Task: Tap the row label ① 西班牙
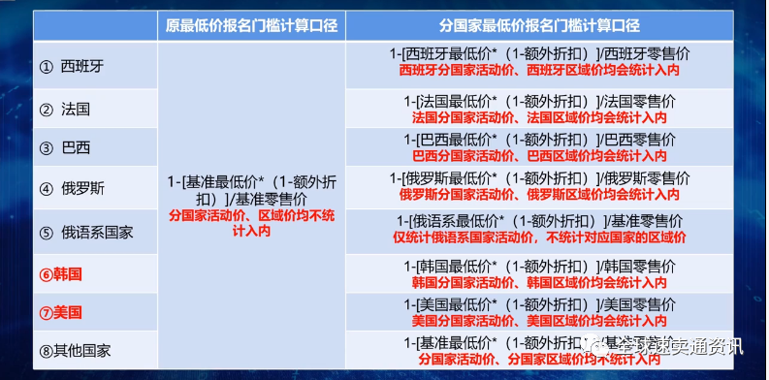click(72, 67)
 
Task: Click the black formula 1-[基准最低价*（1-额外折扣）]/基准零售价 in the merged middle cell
click(250, 188)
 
